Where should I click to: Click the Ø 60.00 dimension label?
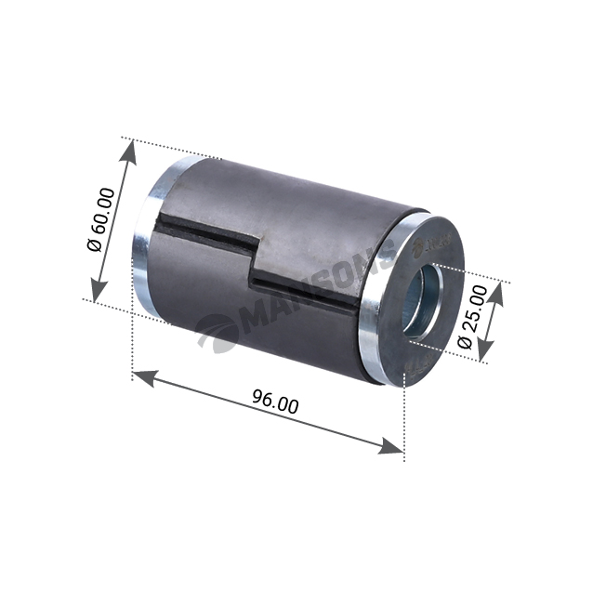(100, 219)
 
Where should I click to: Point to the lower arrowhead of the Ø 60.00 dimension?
(99, 290)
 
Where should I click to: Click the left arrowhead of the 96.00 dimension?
(144, 377)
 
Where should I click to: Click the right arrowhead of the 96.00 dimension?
(392, 446)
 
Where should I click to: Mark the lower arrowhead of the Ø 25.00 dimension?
(485, 350)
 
